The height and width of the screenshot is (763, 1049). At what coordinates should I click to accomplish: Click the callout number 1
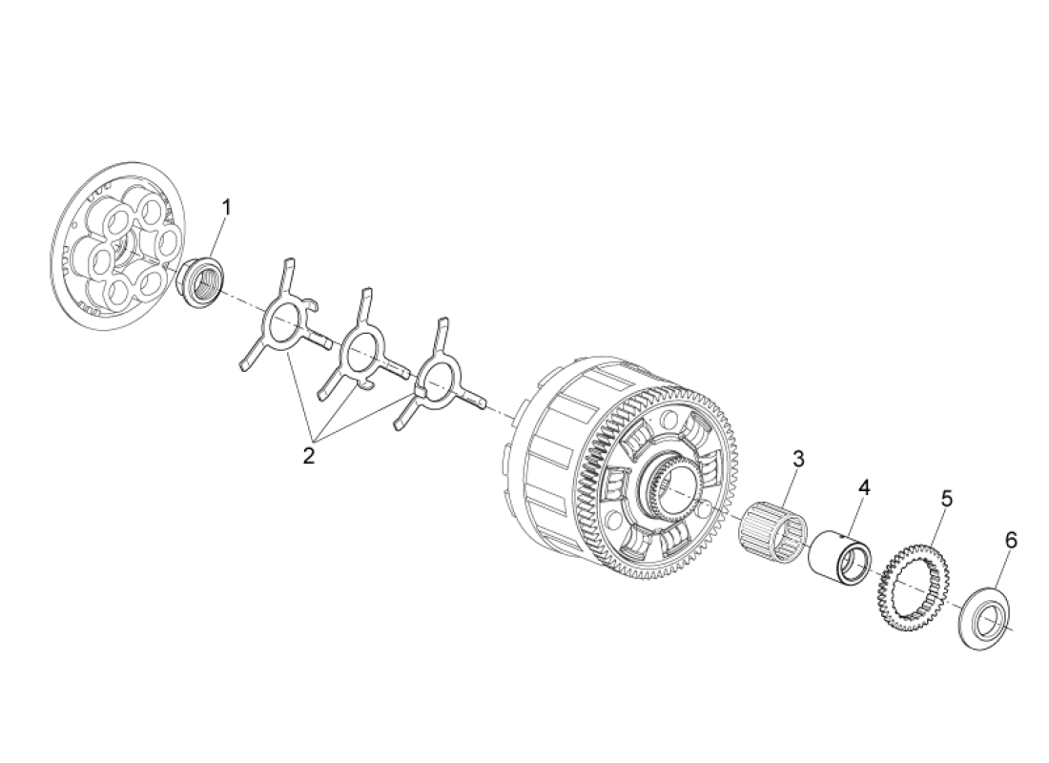coord(227,206)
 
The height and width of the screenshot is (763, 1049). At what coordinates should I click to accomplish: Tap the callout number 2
coord(309,455)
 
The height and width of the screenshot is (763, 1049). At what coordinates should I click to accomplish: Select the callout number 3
coord(798,459)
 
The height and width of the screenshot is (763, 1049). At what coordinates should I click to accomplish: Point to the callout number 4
coord(864,487)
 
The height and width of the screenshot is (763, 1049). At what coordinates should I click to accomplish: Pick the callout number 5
coord(946,498)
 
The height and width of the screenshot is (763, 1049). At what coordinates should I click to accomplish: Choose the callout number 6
coord(1011,540)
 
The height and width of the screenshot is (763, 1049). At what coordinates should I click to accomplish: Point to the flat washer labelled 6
coord(981,620)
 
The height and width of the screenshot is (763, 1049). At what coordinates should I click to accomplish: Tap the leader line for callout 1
coord(218,238)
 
